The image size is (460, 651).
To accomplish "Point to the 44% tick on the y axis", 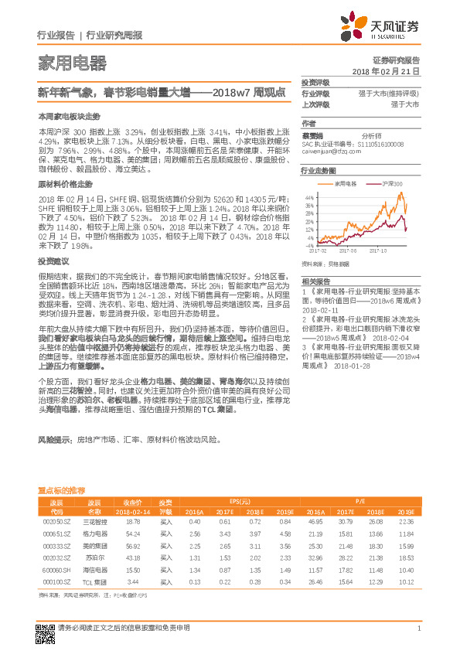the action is [308, 196].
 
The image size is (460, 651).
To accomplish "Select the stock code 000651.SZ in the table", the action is [56, 533].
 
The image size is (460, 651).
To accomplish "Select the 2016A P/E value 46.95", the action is [315, 523].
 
